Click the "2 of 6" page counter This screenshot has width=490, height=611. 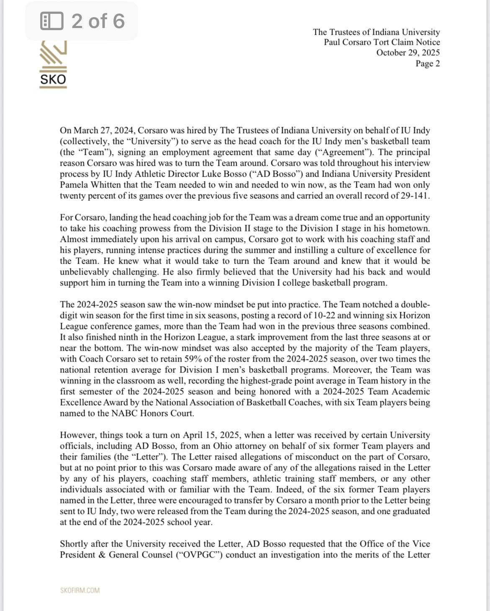pos(98,21)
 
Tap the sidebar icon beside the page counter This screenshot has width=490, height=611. pos(52,21)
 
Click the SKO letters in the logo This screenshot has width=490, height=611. pos(53,80)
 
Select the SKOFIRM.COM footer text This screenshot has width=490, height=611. pos(80,590)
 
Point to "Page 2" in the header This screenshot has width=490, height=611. pos(427,64)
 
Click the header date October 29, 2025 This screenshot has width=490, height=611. pos(408,53)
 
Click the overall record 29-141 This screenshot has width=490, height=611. pos(414,196)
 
